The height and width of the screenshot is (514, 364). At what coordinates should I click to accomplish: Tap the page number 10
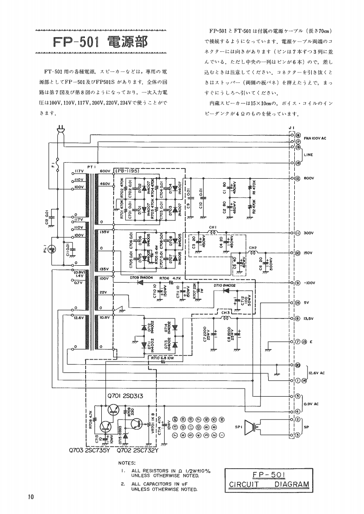(30, 497)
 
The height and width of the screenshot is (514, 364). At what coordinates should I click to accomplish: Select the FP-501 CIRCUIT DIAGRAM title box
(269, 479)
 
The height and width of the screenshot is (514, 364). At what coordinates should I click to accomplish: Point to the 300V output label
(307, 233)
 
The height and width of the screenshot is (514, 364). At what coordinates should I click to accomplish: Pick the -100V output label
(308, 283)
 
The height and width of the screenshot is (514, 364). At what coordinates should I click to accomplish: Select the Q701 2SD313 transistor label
(127, 396)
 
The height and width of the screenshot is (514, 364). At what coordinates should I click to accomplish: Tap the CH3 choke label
(225, 313)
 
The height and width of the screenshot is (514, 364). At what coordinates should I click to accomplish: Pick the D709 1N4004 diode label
(140, 278)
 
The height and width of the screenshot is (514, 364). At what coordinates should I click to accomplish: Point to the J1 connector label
(292, 128)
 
